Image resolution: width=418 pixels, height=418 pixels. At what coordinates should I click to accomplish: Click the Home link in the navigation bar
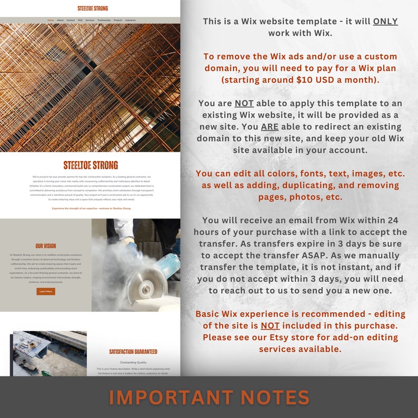pyautogui.click(x=51, y=20)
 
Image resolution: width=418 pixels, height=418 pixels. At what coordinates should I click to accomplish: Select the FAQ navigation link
pyautogui.click(x=80, y=20)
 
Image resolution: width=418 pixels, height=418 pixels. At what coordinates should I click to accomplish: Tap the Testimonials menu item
pyautogui.click(x=104, y=20)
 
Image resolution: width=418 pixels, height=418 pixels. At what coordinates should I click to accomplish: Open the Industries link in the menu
pyautogui.click(x=130, y=20)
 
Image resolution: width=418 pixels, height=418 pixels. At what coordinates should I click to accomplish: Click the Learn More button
pyautogui.click(x=46, y=291)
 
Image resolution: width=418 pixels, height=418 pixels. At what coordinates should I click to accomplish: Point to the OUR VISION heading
pyautogui.click(x=46, y=246)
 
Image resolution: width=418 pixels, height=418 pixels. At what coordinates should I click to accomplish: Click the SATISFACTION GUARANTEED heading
pyautogui.click(x=133, y=352)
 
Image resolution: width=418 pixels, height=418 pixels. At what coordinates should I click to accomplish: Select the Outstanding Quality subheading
pyautogui.click(x=133, y=362)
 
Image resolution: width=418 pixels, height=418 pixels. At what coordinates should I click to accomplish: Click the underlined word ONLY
pyautogui.click(x=385, y=22)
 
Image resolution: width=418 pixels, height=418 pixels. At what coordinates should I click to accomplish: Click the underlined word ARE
pyautogui.click(x=270, y=127)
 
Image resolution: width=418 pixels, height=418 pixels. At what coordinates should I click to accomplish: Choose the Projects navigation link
pyautogui.click(x=118, y=20)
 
